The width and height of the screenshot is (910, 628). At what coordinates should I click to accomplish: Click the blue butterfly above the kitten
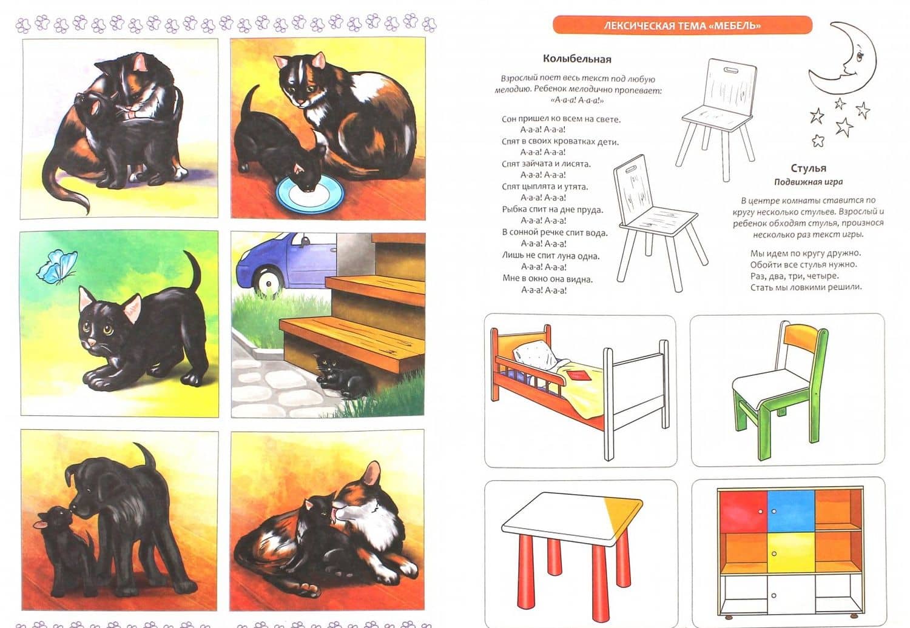tap(57, 266)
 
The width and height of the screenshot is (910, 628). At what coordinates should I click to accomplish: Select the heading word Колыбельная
tap(577, 59)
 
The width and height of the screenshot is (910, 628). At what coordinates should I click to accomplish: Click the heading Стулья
tap(809, 168)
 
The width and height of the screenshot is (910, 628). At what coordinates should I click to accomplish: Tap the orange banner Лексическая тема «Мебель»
tap(682, 25)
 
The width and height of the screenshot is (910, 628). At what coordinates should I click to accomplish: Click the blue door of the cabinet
tap(790, 510)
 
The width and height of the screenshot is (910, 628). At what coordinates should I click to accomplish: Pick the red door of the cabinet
tap(743, 510)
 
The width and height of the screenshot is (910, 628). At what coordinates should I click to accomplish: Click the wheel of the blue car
tap(269, 281)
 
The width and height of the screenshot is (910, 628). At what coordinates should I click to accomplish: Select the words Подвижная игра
tap(809, 182)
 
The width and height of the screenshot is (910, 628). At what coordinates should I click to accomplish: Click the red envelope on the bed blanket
tap(577, 375)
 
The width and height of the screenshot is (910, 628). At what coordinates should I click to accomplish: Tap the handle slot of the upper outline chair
tap(731, 71)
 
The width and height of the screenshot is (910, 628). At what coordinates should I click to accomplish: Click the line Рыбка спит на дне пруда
tap(553, 210)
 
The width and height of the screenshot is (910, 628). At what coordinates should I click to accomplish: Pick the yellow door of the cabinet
tap(790, 552)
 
